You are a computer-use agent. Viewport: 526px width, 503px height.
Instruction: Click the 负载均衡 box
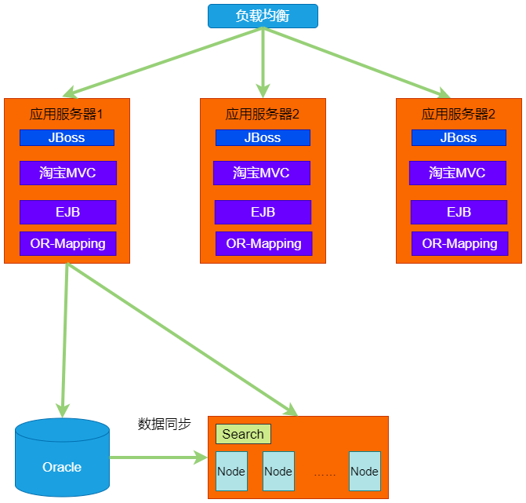(x=263, y=16)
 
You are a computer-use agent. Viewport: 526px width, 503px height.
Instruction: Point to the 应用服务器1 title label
(x=67, y=114)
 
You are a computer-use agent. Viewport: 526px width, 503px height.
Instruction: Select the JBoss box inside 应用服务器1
(x=67, y=138)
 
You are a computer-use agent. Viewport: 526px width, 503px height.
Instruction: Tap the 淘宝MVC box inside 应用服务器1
(x=67, y=173)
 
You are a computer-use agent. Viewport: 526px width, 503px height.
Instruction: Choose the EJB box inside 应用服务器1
(x=67, y=212)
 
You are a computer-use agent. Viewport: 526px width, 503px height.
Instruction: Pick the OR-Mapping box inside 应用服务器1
(x=67, y=243)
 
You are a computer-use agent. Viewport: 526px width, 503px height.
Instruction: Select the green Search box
(x=243, y=434)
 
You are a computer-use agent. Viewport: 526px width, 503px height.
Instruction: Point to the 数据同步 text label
(x=164, y=424)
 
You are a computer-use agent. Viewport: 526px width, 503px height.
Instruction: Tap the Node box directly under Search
(x=231, y=472)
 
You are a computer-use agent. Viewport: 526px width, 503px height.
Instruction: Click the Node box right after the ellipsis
(x=365, y=472)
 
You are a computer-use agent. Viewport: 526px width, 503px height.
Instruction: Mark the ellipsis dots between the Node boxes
(x=325, y=474)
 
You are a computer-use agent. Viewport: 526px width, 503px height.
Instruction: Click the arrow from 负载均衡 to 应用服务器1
(x=165, y=62)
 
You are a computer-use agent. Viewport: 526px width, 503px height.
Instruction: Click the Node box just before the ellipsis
(x=278, y=472)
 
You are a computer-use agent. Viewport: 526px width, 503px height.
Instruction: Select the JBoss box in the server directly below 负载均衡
(x=263, y=138)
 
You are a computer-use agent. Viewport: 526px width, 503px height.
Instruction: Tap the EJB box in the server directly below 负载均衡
(x=263, y=212)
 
